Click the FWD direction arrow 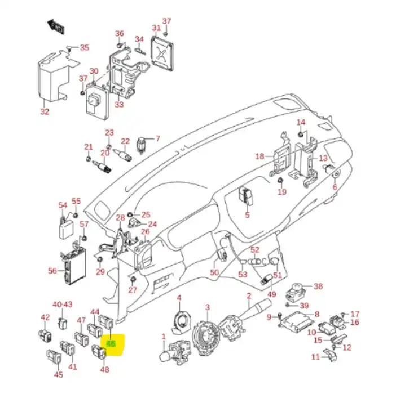55,25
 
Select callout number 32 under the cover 45,111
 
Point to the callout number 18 259,156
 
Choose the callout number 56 52,271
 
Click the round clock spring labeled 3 207,332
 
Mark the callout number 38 318,286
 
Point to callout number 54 63,205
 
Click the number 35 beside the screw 84,48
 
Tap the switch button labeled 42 45,335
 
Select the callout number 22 125,141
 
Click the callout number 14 301,123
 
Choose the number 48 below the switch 105,370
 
